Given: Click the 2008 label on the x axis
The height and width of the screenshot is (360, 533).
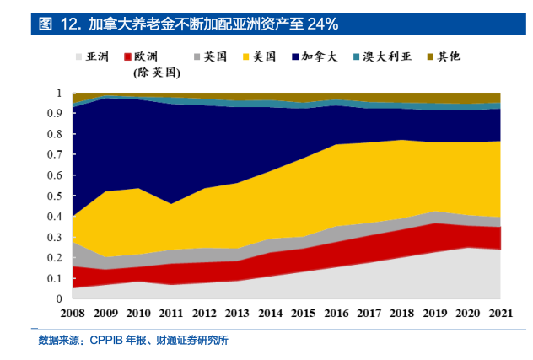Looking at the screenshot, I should [x=73, y=314].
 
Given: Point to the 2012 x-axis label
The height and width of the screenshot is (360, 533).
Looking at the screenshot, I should [x=204, y=314].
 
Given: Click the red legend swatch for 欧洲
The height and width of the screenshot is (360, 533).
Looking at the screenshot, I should [x=128, y=57].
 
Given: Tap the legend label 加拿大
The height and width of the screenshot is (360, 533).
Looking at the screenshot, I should [x=322, y=57].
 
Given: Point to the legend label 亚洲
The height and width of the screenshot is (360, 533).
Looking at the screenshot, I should [x=96, y=57].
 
